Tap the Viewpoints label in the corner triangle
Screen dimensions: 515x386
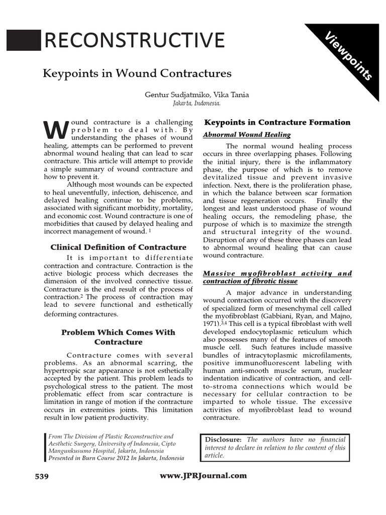point(348,56)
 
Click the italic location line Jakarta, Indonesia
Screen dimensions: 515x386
point(197,103)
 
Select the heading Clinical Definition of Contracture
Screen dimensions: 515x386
point(119,247)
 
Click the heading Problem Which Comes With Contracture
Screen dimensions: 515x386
point(118,337)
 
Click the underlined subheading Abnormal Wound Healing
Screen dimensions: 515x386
point(247,134)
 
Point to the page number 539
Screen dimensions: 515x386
point(41,476)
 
